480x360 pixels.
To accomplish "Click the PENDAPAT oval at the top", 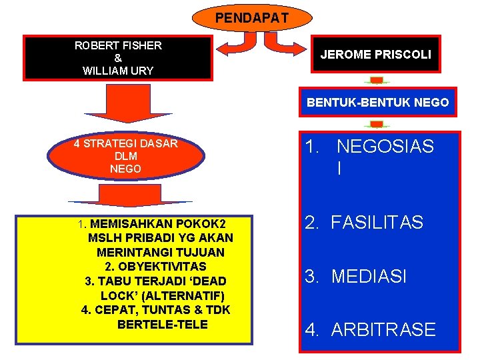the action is (252, 17).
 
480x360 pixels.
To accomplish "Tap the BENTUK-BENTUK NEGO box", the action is (377, 103).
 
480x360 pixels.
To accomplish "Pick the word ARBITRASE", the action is (383, 329).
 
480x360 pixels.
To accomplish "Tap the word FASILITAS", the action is (377, 223).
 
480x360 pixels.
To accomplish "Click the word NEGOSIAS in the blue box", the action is (385, 147).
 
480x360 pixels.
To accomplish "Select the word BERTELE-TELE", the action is (162, 325).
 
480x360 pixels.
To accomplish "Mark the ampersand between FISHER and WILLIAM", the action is (118, 58).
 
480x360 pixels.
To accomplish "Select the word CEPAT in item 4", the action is (115, 310).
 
